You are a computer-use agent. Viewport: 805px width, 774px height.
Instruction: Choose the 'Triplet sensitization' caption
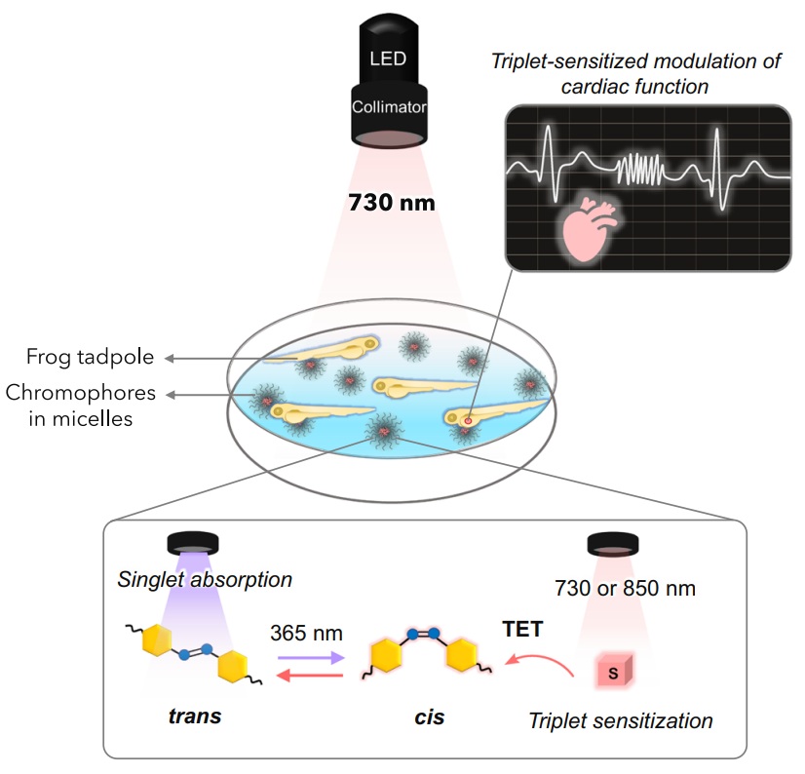coord(621,721)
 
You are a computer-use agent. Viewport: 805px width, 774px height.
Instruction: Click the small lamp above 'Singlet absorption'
coord(193,542)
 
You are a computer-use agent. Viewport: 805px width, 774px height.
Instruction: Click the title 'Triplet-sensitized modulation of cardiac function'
coord(639,74)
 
